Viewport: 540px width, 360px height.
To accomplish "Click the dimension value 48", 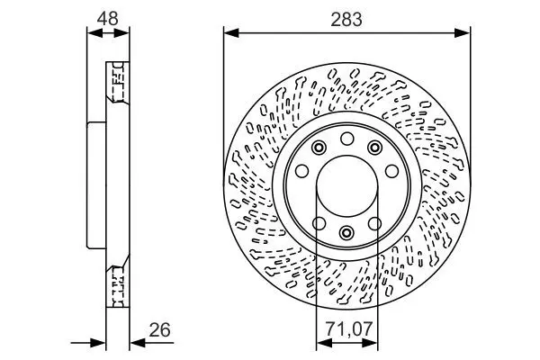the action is pyautogui.click(x=107, y=19).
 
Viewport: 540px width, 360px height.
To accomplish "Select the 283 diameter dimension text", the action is pyautogui.click(x=346, y=19).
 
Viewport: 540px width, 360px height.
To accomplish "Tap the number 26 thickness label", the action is pyautogui.click(x=160, y=330).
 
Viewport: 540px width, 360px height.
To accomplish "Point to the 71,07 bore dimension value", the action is pyautogui.click(x=349, y=329).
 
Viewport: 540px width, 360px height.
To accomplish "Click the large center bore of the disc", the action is pyautogui.click(x=346, y=186).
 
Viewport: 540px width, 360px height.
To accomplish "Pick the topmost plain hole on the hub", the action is pyautogui.click(x=347, y=139).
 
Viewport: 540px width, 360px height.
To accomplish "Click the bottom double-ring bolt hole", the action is pyautogui.click(x=346, y=232).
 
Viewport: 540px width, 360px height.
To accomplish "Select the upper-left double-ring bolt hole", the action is pyautogui.click(x=319, y=148).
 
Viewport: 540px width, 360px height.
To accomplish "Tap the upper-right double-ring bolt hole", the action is pyautogui.click(x=374, y=148).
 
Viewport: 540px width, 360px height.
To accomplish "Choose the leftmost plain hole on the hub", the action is pyautogui.click(x=302, y=171).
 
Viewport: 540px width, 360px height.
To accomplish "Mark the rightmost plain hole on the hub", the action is pyautogui.click(x=391, y=171).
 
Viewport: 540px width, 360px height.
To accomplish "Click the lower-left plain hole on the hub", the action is pyautogui.click(x=319, y=223).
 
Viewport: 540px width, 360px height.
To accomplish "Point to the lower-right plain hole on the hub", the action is pyautogui.click(x=374, y=223).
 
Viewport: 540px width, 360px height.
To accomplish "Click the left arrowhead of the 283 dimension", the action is pyautogui.click(x=231, y=33).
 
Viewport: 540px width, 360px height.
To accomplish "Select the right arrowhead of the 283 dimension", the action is pyautogui.click(x=463, y=33).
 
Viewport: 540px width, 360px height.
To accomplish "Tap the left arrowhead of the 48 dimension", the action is pyautogui.click(x=95, y=33).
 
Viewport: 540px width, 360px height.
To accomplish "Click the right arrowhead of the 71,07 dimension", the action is pyautogui.click(x=370, y=343).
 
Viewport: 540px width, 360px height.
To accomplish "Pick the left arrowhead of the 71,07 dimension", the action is pyautogui.click(x=324, y=343).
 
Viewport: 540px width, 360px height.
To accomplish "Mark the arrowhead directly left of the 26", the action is pyautogui.click(x=138, y=342).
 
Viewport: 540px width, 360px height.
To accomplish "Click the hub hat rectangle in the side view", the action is pyautogui.click(x=96, y=185).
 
